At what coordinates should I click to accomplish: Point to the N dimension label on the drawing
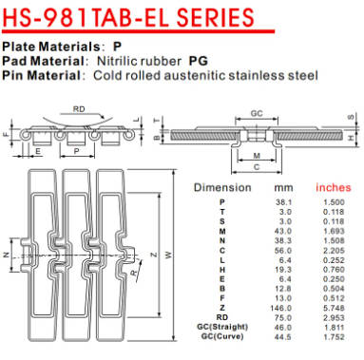click(9, 256)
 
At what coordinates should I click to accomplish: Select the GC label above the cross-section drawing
click(257, 112)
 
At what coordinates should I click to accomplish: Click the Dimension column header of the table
click(221, 187)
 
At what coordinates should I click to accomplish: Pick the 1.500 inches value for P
click(335, 204)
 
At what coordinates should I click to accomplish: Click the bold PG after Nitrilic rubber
click(199, 60)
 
